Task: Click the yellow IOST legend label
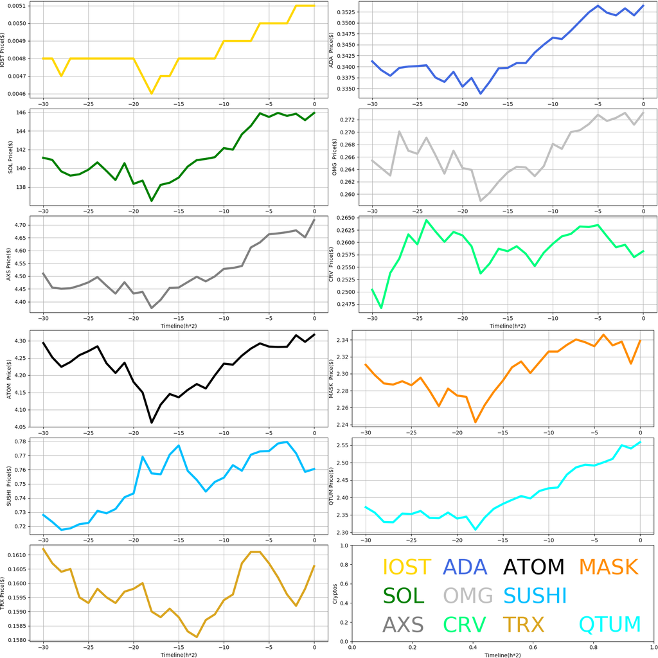406,567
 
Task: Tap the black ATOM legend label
534,567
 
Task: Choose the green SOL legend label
404,596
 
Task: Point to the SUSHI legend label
535,596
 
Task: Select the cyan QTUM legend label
610,624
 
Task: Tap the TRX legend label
523,624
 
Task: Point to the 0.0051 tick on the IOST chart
17,6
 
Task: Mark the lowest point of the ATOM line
152,422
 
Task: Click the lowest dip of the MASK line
476,422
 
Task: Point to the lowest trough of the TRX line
197,637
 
